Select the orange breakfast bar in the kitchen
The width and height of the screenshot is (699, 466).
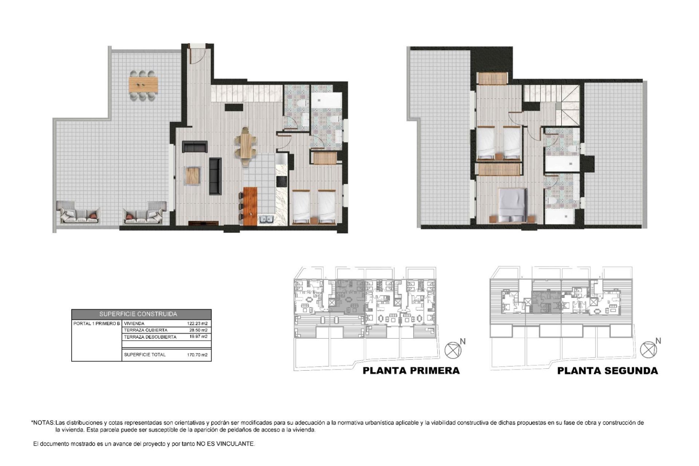(x=250, y=206)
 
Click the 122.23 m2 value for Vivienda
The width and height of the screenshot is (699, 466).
(x=197, y=323)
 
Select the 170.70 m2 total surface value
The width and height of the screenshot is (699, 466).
(x=197, y=355)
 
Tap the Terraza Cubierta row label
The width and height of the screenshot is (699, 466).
(x=146, y=330)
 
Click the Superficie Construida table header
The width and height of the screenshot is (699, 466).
(x=141, y=314)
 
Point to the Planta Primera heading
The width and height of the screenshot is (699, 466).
(x=411, y=371)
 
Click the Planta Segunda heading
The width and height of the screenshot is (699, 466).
(x=607, y=371)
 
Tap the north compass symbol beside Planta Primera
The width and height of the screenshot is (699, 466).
(x=453, y=350)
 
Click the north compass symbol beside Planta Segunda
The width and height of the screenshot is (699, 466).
(x=648, y=349)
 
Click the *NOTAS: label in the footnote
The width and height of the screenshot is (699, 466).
(x=43, y=423)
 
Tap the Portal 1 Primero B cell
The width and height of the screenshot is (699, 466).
(x=96, y=323)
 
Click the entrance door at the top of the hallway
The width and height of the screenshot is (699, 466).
(x=197, y=55)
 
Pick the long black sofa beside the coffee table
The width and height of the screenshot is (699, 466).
(x=215, y=176)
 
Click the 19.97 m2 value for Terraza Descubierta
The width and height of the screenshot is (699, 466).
(x=198, y=337)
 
